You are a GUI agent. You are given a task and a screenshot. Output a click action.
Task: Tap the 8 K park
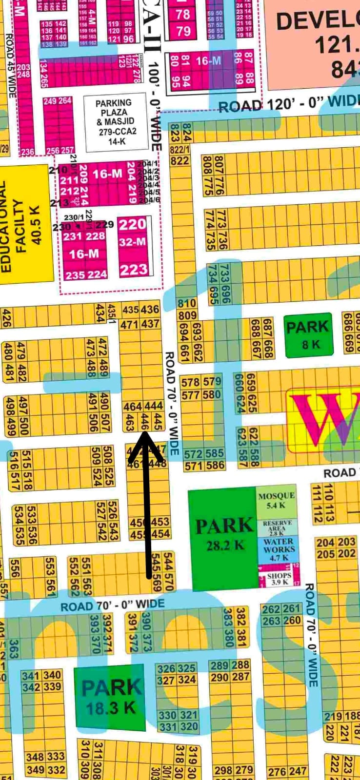[x=309, y=336]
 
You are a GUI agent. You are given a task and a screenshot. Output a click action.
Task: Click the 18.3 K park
[x=110, y=697]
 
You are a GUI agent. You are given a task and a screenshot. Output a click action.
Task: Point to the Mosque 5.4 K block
[x=276, y=500]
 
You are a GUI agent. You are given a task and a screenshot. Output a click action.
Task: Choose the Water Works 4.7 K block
[x=278, y=549]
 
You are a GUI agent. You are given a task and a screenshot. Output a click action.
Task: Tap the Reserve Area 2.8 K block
[x=277, y=528]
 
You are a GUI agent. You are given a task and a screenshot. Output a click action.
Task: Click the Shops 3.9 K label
[x=279, y=579]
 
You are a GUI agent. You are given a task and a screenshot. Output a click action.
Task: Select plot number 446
[x=145, y=422]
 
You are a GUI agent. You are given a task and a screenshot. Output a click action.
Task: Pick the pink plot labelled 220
[x=133, y=225]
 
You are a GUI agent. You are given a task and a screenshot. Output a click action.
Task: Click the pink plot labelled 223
[x=133, y=269]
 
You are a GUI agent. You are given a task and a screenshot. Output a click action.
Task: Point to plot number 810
[x=187, y=304]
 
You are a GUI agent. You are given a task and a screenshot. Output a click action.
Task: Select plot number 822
[x=180, y=161]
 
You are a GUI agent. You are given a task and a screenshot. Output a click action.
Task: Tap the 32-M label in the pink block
[x=132, y=242]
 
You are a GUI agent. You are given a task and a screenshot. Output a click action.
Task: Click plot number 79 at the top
[x=183, y=31]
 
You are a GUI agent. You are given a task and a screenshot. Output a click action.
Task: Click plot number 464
[x=133, y=406]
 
